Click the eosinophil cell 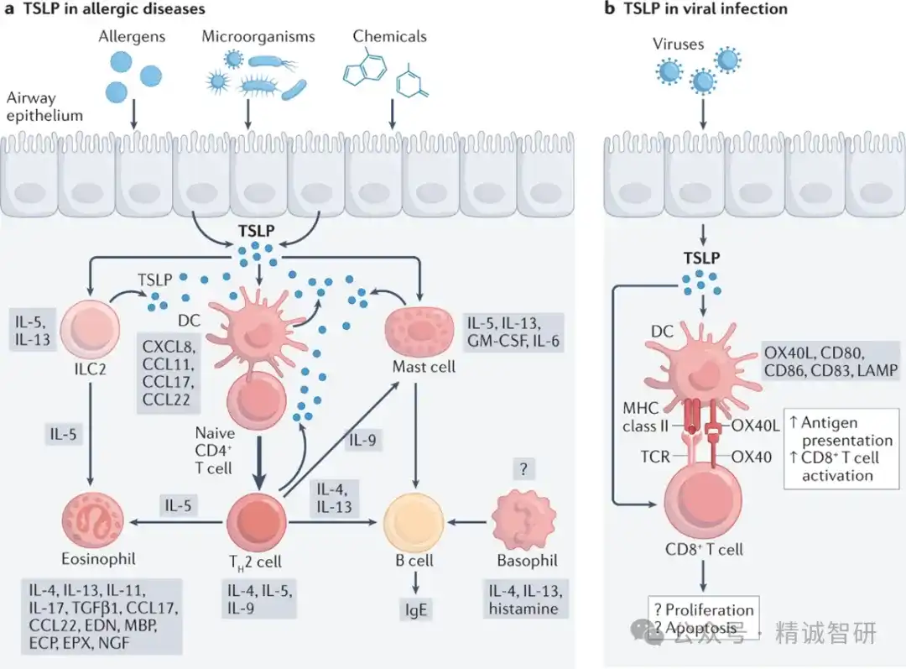click(92, 520)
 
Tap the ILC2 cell click(90, 328)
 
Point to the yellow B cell click(414, 523)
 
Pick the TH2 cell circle click(257, 522)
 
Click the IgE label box click(415, 610)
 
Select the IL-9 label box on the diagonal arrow click(362, 440)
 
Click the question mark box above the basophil click(523, 468)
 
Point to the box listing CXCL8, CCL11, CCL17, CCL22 click(169, 373)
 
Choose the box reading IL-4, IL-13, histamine click(525, 599)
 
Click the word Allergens click(132, 36)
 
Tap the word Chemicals click(389, 36)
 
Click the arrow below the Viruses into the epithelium click(703, 113)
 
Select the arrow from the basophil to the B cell click(467, 522)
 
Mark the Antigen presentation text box click(841, 449)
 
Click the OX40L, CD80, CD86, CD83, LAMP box click(830, 362)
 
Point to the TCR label click(655, 457)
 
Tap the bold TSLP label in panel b click(701, 258)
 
